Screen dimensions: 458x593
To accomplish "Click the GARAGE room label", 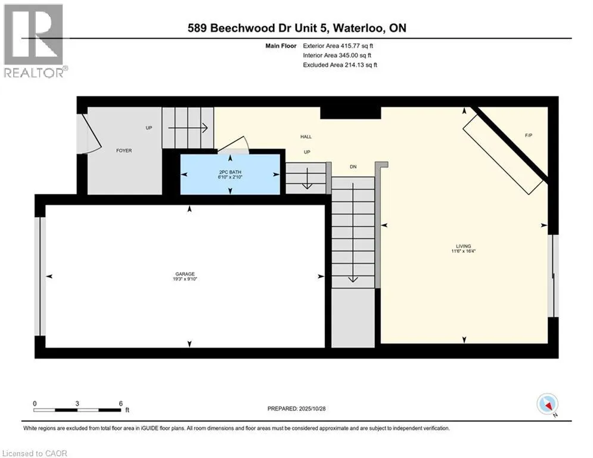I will (185, 274).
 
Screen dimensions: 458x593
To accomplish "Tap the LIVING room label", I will (463, 246).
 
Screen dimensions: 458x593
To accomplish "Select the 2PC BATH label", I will (230, 171).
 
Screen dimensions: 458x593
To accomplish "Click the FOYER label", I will (123, 150).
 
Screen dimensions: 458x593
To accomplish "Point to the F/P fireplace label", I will (528, 136).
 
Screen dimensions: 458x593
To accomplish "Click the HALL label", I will (306, 137).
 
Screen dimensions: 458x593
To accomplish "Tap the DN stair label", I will (353, 166).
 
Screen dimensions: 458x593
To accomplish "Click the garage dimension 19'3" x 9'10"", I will (185, 279).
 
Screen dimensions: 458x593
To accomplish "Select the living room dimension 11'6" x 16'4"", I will (463, 251).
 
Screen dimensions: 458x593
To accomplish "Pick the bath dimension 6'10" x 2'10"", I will (230, 177).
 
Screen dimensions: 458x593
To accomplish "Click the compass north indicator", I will (547, 404).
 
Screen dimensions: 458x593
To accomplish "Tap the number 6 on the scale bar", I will (121, 403).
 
